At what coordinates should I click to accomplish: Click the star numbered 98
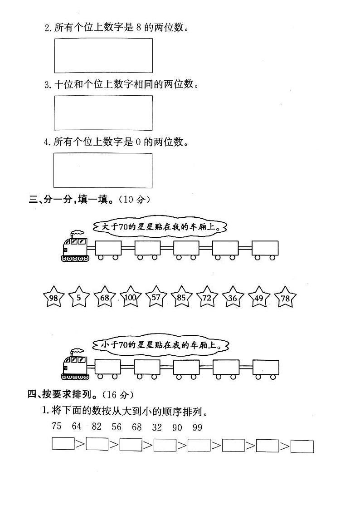pos(54,297)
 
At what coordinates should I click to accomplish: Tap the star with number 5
pos(79,297)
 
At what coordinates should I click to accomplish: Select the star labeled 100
pos(130,297)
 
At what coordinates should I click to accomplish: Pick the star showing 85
pos(181,297)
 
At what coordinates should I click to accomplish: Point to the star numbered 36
pos(233,297)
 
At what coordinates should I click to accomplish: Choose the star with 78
pos(285,297)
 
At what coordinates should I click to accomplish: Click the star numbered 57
pos(156,297)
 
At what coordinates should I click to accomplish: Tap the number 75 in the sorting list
pos(57,426)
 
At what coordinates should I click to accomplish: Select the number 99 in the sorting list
pos(197,427)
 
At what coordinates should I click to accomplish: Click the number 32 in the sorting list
pos(157,427)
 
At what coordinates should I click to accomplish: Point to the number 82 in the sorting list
pos(97,426)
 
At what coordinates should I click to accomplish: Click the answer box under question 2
pos(103,56)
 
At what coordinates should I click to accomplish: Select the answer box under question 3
pos(103,113)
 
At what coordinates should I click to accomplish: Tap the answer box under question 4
pos(102,171)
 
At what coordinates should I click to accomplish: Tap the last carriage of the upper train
pos(265,250)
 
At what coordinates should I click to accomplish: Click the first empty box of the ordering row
pos(63,444)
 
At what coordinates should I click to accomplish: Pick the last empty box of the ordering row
pos(302,446)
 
